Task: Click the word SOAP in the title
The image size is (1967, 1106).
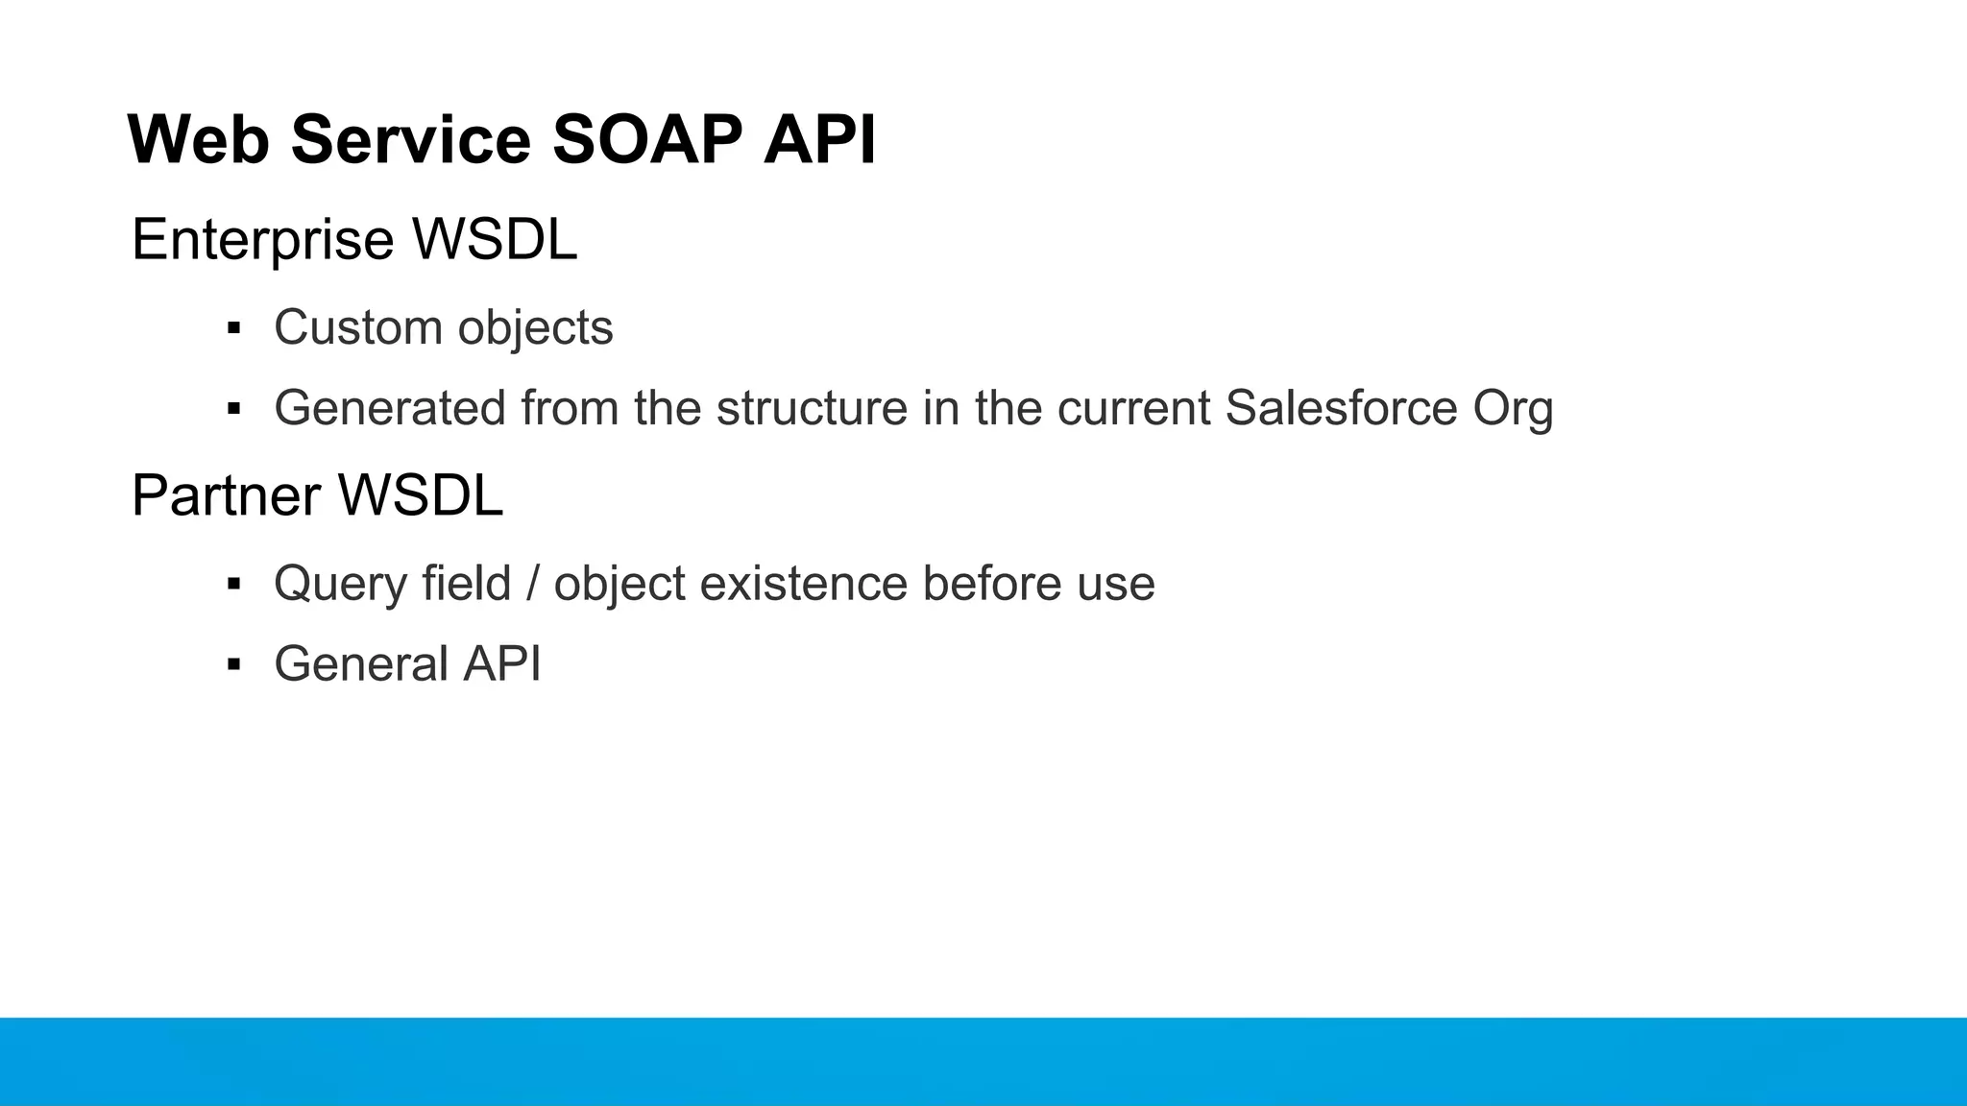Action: click(646, 140)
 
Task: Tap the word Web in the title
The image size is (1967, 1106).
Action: click(198, 140)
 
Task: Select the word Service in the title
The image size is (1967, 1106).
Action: click(410, 140)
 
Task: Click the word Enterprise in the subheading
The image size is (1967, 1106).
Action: click(262, 240)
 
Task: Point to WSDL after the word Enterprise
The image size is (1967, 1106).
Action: click(495, 240)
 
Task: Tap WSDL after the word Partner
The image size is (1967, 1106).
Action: click(421, 496)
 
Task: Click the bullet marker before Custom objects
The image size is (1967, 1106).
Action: click(233, 328)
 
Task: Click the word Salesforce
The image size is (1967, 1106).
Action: click(1342, 408)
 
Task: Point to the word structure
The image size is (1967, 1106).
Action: click(812, 408)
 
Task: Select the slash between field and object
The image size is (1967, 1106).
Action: click(532, 584)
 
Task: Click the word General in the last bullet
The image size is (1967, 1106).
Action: click(360, 664)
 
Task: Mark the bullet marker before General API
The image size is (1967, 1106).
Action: click(233, 664)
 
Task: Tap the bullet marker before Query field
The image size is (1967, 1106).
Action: click(233, 584)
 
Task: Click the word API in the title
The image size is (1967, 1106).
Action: click(819, 140)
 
